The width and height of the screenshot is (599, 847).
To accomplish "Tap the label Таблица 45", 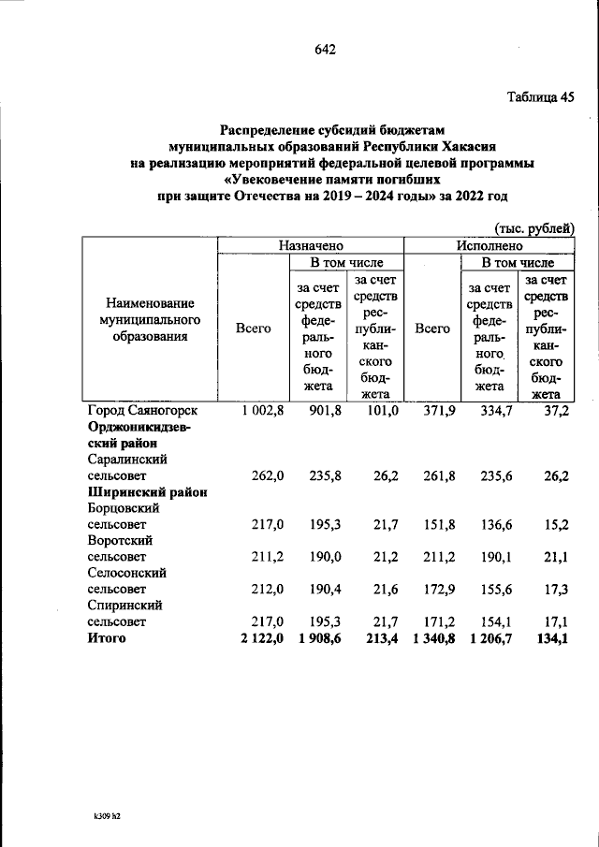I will pyautogui.click(x=540, y=96).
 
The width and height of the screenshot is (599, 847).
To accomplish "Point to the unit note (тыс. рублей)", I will pyautogui.click(x=533, y=226).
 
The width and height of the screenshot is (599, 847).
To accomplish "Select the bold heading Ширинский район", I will pyautogui.click(x=147, y=491).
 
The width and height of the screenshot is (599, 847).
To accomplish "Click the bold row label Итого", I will pyautogui.click(x=107, y=638).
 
